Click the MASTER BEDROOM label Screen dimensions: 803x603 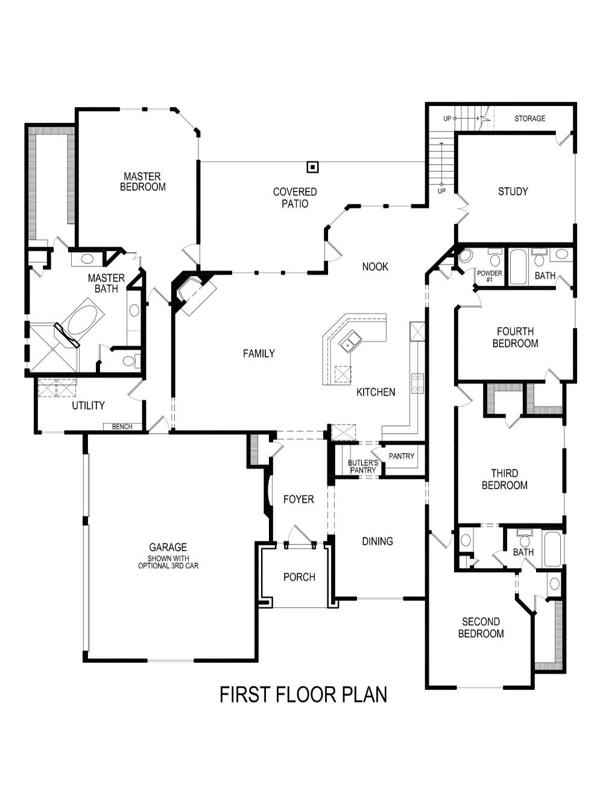(x=142, y=181)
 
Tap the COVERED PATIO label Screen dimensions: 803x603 (x=295, y=198)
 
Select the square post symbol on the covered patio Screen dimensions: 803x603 (x=312, y=167)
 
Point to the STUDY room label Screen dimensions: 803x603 (x=513, y=192)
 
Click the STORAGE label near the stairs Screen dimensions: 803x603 (x=529, y=119)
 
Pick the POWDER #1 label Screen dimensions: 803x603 (x=489, y=276)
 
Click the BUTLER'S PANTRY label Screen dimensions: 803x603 (x=362, y=466)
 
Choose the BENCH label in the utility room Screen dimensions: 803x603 (x=122, y=426)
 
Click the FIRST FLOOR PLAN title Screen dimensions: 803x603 (x=303, y=695)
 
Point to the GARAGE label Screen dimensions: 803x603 (x=168, y=548)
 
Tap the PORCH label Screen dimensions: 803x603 (x=299, y=577)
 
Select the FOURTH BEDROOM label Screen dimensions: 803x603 (x=515, y=337)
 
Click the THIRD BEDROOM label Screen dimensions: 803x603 (x=504, y=479)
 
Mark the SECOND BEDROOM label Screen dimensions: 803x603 (x=481, y=627)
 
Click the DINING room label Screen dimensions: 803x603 (x=377, y=542)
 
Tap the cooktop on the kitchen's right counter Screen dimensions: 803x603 (x=417, y=383)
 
